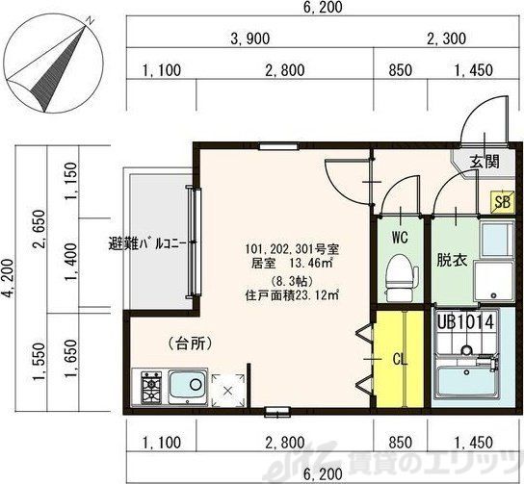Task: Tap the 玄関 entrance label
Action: tap(485, 162)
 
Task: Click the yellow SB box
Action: tap(501, 201)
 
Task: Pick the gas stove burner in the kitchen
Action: tap(152, 389)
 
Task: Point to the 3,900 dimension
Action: tap(249, 39)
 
